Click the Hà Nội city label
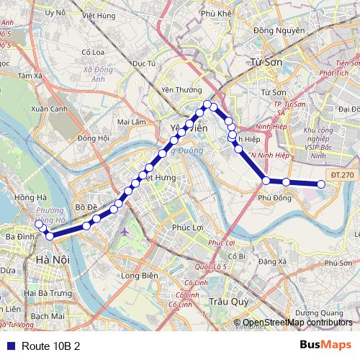tap(52, 258)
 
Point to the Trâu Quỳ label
tap(224, 302)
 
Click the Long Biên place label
tap(139, 275)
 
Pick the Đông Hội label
tap(94, 138)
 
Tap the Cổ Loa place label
tap(94, 52)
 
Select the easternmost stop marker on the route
tap(321, 185)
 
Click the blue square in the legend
tap(9, 346)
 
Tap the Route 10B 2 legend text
tap(50, 346)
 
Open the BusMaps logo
tap(325, 345)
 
